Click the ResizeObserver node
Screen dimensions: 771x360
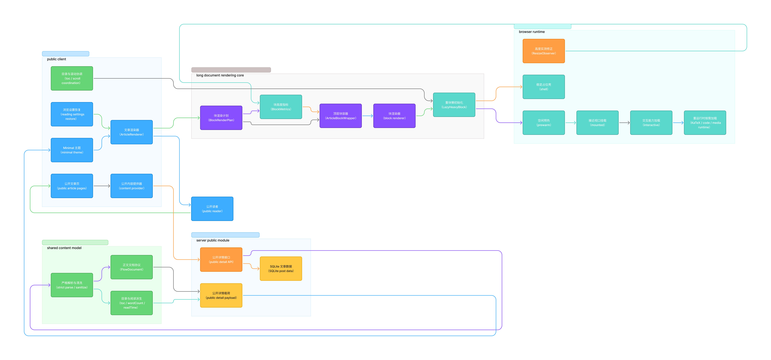[x=544, y=51]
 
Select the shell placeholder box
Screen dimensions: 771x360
[x=544, y=87]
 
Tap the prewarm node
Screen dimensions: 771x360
[x=544, y=123]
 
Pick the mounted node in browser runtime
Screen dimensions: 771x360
[x=597, y=123]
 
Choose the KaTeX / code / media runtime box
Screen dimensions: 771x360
[x=705, y=123]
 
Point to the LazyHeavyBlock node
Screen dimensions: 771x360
[x=454, y=105]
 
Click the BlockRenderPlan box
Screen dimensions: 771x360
[x=221, y=118]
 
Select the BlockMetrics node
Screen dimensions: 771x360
[x=281, y=107]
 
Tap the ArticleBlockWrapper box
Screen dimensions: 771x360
[x=341, y=116]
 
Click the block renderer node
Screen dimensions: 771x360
[x=394, y=116]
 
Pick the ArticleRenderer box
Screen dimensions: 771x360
[x=132, y=132]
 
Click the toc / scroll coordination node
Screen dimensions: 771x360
[x=72, y=78]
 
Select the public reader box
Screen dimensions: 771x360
[x=212, y=209]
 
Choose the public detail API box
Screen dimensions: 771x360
[x=221, y=259]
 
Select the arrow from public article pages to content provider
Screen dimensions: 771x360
[x=102, y=186]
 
